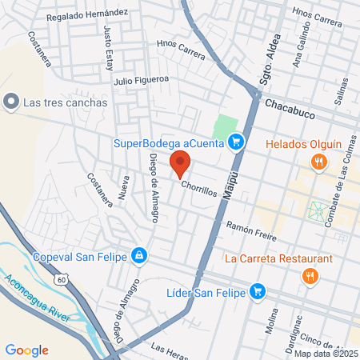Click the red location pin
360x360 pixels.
coord(179,165)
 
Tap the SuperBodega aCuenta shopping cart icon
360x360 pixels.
coord(235,143)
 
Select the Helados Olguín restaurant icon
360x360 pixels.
coord(319,162)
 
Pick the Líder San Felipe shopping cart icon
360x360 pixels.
coord(257,290)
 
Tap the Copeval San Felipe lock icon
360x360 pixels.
coord(139,256)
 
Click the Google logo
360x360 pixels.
coord(26,350)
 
